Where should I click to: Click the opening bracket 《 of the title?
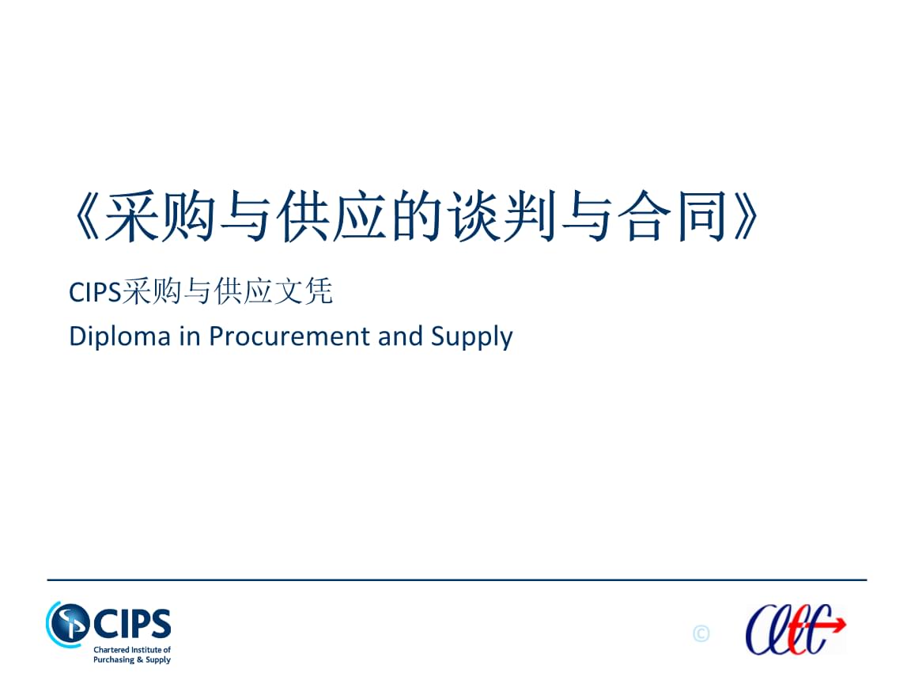coord(86,216)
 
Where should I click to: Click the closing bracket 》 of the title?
coord(746,216)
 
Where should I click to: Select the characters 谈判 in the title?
coord(503,216)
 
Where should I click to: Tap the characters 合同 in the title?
coord(672,216)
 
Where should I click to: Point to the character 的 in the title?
coord(418,216)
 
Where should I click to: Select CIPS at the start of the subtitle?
coord(95,292)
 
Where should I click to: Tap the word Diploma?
coord(119,337)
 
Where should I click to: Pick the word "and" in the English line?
coord(400,336)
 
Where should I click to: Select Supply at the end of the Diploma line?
coord(472,337)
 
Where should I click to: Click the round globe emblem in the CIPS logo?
coord(68,624)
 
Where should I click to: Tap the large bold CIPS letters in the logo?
coord(133,624)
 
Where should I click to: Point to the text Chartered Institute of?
coord(132,650)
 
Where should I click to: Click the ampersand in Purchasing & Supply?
coord(139,659)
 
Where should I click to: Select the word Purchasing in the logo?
coord(114,660)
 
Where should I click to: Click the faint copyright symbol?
coord(701,633)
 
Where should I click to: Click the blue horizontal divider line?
coord(456,579)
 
